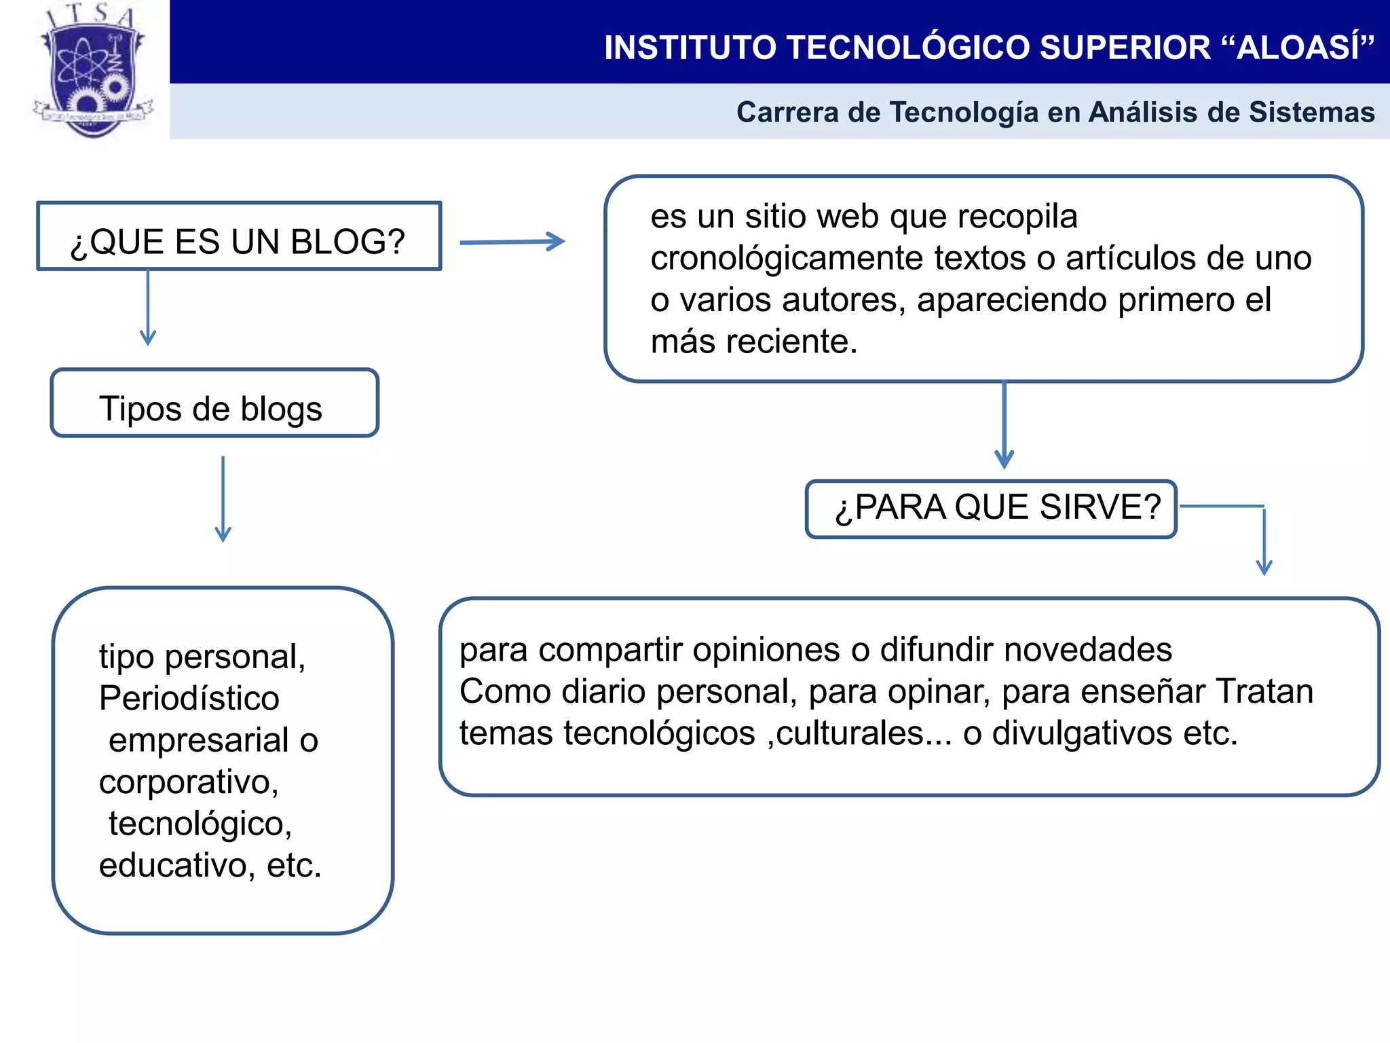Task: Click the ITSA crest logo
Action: [x=93, y=71]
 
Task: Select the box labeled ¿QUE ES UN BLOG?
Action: [x=239, y=236]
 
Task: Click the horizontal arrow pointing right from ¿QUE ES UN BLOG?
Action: [x=512, y=242]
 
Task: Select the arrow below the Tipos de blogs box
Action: [x=223, y=499]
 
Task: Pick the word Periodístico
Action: [x=189, y=699]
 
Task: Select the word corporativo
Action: [x=189, y=782]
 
